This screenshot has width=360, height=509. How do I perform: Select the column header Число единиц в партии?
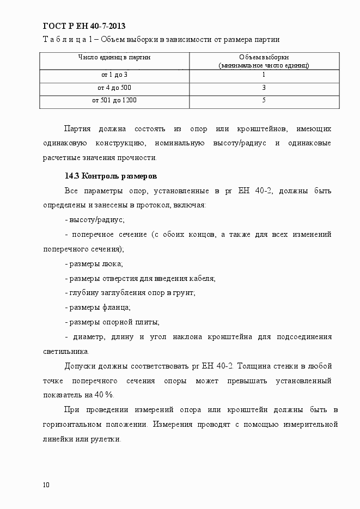click(114, 57)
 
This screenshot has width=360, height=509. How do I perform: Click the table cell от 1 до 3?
click(114, 75)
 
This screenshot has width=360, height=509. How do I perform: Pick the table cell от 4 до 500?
click(114, 88)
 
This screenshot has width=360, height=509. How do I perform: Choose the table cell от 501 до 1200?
click(114, 101)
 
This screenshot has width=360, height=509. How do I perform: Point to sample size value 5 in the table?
click(264, 101)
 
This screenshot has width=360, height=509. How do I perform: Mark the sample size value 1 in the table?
click(264, 75)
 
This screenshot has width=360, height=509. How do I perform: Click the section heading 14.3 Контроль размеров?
click(111, 176)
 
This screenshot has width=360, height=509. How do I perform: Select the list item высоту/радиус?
click(95, 220)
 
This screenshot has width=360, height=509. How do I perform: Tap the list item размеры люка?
click(94, 264)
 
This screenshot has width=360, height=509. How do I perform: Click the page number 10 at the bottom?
click(46, 485)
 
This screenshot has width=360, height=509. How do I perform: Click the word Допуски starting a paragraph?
click(80, 366)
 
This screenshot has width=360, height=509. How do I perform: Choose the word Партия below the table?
click(77, 129)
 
